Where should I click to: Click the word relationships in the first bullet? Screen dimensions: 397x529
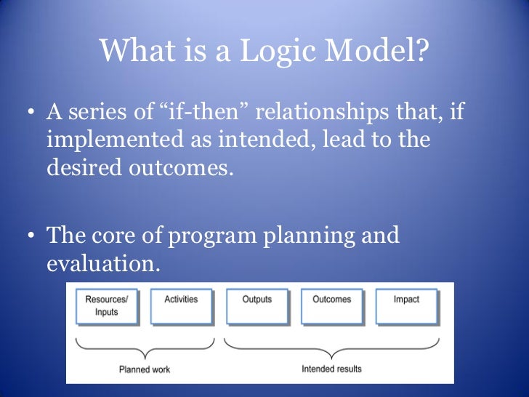(326, 113)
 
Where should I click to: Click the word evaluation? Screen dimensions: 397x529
(103, 262)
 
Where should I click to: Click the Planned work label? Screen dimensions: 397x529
(145, 370)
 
